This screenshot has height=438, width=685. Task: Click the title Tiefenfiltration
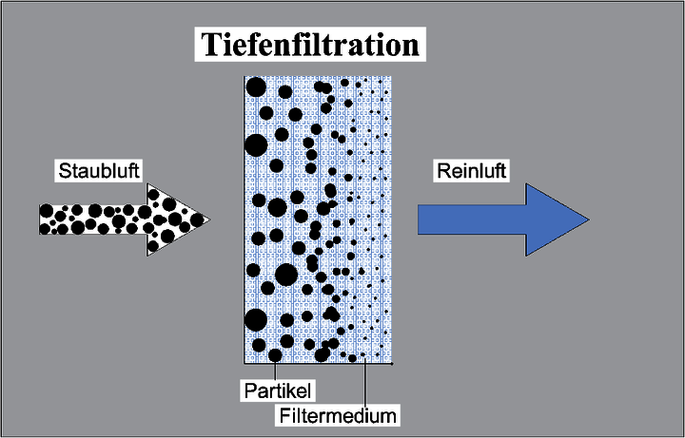pyautogui.click(x=309, y=45)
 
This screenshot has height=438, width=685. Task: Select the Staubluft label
pyautogui.click(x=100, y=171)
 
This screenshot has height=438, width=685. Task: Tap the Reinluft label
pyautogui.click(x=471, y=171)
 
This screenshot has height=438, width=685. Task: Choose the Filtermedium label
pyautogui.click(x=338, y=414)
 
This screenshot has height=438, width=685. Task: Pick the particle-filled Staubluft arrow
pyautogui.click(x=119, y=219)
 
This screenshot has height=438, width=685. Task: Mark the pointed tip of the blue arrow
pyautogui.click(x=587, y=218)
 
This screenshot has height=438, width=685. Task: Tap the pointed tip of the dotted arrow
pyautogui.click(x=207, y=219)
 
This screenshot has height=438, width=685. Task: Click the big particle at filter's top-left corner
pyautogui.click(x=255, y=87)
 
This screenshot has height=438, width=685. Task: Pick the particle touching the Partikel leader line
pyautogui.click(x=276, y=355)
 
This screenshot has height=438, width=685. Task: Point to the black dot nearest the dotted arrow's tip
pyautogui.click(x=197, y=219)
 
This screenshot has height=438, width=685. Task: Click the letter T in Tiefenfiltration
pyautogui.click(x=206, y=45)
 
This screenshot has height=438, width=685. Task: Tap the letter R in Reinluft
pyautogui.click(x=442, y=171)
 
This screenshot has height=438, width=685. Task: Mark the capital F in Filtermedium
pyautogui.click(x=284, y=414)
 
